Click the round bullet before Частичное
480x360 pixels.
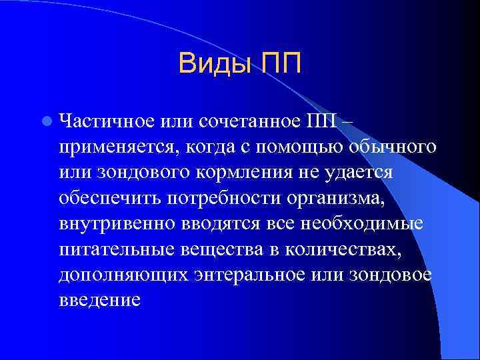point(46,121)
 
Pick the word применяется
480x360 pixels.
point(117,147)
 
